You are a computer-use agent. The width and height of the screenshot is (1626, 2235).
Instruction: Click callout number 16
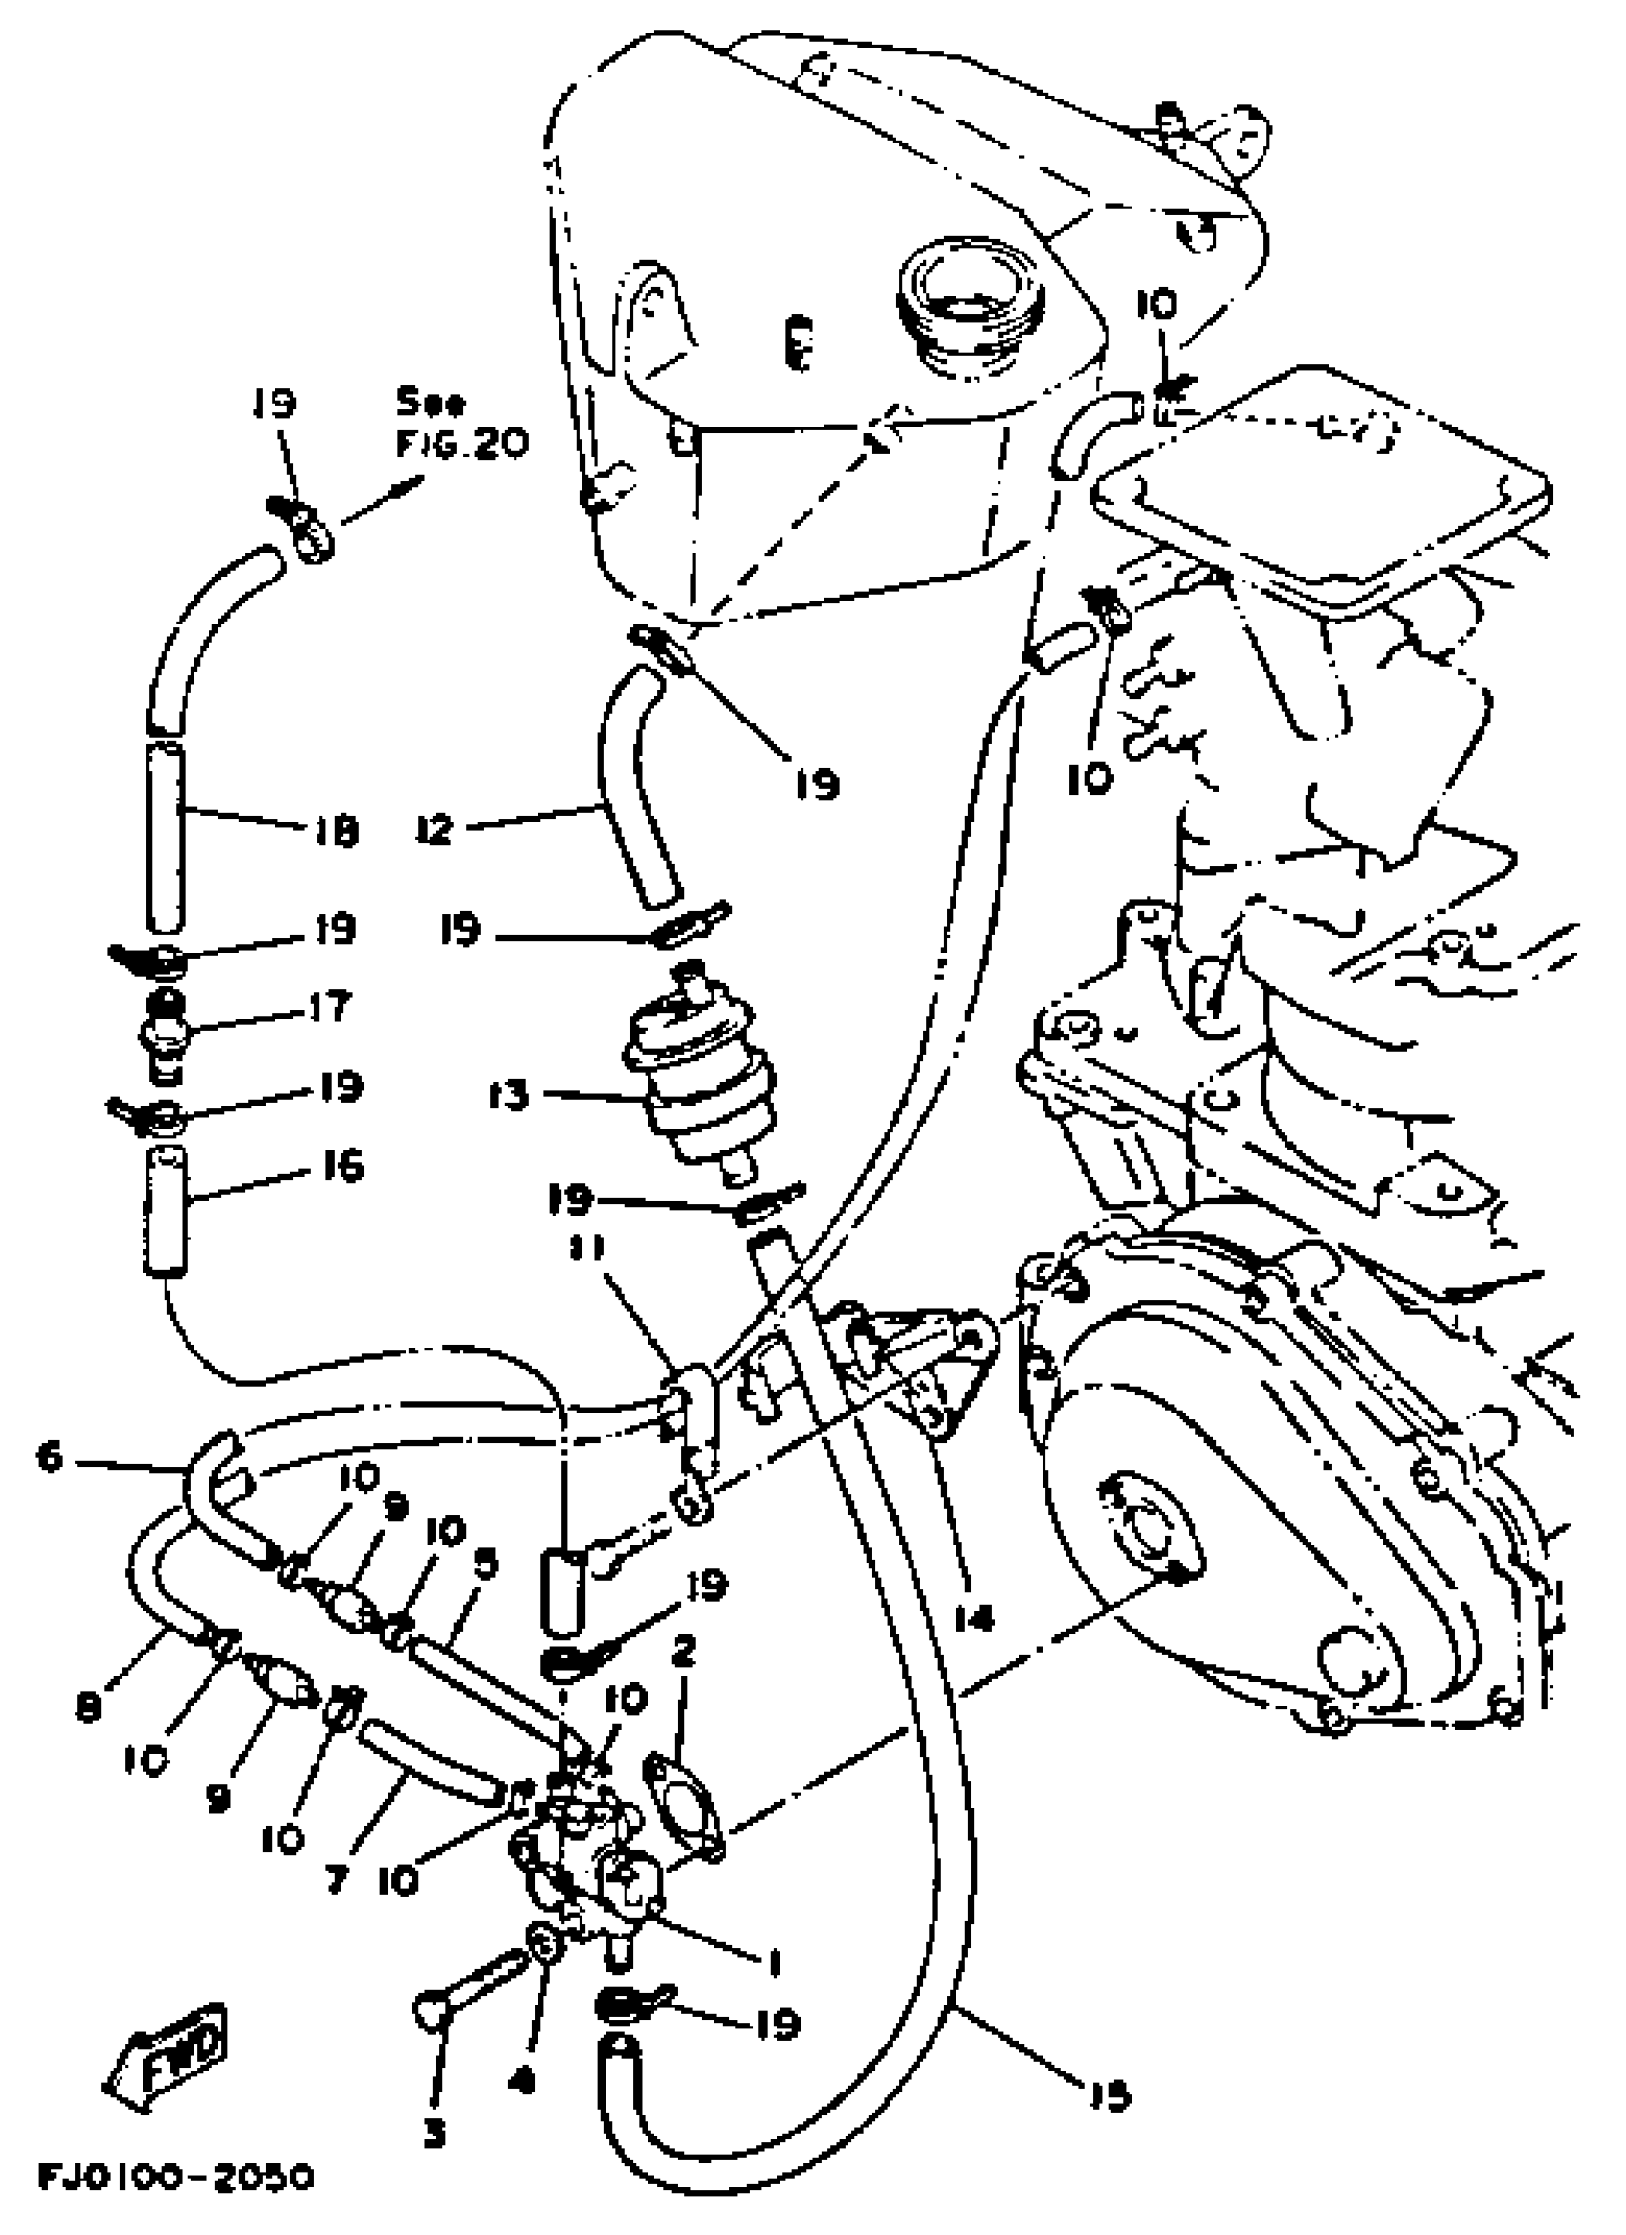pyautogui.click(x=342, y=1168)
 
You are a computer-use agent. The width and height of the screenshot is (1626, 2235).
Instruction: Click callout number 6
pyautogui.click(x=51, y=1456)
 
